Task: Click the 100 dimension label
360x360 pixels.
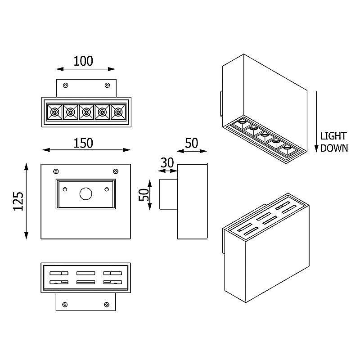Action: [x=84, y=61]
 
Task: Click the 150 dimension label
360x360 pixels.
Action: [x=84, y=143]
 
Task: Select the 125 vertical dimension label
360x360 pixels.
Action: [x=17, y=201]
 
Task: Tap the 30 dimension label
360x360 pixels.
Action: [x=167, y=162]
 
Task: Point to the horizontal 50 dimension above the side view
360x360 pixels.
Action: [x=192, y=143]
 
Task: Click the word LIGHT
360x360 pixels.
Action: [x=333, y=136]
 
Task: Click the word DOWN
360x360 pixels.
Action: [x=334, y=148]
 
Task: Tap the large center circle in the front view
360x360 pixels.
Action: [x=85, y=193]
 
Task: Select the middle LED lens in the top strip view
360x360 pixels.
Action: [x=85, y=112]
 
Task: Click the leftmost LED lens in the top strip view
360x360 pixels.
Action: [x=54, y=112]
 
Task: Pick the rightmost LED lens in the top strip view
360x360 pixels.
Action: [x=117, y=112]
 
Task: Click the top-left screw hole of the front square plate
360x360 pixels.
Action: [x=56, y=171]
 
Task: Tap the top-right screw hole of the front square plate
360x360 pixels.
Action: [x=116, y=171]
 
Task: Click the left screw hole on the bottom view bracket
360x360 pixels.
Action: [x=65, y=304]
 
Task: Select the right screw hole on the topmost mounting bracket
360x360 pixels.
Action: [x=107, y=85]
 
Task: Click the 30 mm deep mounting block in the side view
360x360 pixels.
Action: [x=169, y=194]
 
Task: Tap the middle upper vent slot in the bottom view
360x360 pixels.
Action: [x=85, y=273]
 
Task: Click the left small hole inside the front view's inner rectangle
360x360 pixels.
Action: [x=66, y=188]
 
